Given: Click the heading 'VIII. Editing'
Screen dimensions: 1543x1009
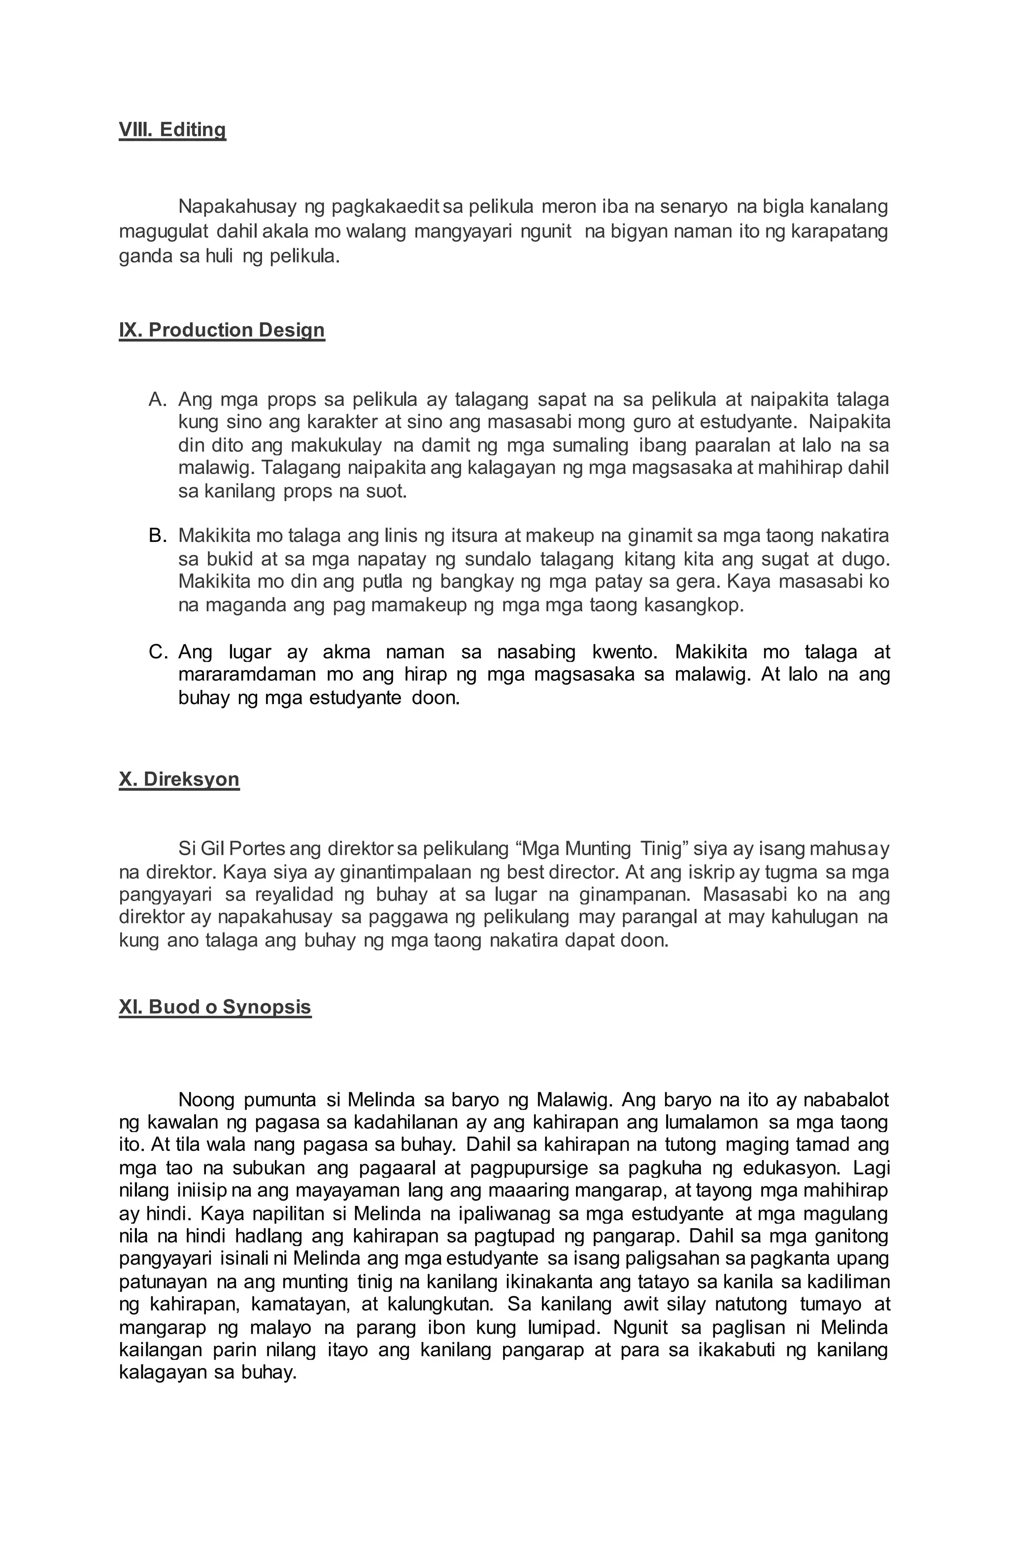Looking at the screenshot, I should point(172,130).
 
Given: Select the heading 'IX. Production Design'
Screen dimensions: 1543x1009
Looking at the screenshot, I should point(221,330).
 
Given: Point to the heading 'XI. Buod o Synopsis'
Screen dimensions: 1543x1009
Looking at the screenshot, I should point(215,1007).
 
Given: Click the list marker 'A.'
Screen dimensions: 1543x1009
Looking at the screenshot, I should point(158,400).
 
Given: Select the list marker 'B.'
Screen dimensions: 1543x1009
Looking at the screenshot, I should point(158,536).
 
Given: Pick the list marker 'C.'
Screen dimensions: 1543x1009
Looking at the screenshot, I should point(158,652).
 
